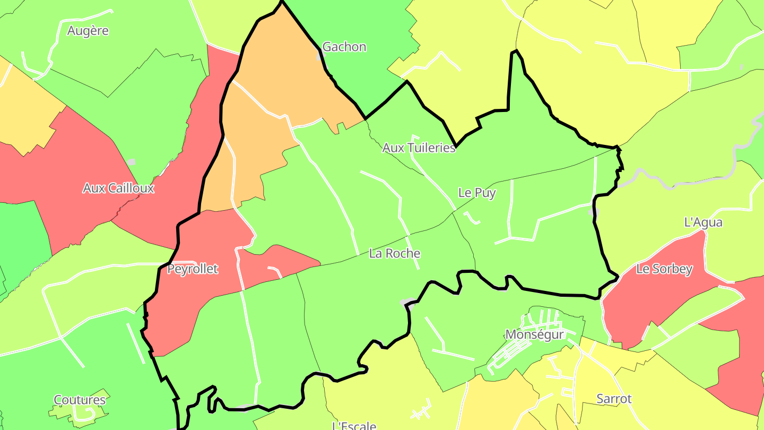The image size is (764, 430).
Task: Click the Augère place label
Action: coord(88,31)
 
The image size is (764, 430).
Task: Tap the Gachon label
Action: coord(344,47)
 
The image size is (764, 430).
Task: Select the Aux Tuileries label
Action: coord(419,148)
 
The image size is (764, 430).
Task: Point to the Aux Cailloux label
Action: coord(118,188)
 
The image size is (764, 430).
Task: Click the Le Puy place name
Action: coord(477,193)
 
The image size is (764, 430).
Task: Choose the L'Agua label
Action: coord(704,222)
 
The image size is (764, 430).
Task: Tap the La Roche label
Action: coord(395,253)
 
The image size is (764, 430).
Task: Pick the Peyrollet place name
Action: coord(193,269)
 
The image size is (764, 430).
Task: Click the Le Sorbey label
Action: coord(664,269)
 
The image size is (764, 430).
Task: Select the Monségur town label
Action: coord(534,334)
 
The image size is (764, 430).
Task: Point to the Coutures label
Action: coord(80,400)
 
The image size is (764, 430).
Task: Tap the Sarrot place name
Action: coord(614,399)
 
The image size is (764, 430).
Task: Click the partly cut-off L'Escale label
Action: coord(354,425)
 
